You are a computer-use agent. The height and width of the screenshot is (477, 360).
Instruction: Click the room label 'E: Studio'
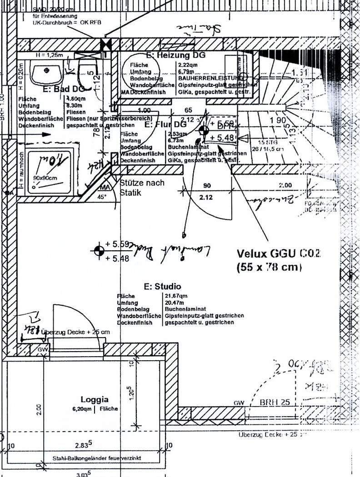tap(162, 287)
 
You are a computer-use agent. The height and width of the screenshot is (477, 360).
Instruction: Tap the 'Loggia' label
tap(95, 400)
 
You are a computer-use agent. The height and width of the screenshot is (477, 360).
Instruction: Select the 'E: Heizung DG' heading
tap(175, 55)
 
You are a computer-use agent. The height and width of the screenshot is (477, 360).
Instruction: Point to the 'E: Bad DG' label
tap(64, 89)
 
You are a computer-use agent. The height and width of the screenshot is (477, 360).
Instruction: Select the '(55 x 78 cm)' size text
tap(269, 268)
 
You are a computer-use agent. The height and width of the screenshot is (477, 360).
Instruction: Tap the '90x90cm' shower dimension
tap(45, 178)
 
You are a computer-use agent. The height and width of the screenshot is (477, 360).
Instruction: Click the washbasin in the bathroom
tap(46, 72)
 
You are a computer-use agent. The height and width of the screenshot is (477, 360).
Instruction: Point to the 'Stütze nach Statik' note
tap(141, 188)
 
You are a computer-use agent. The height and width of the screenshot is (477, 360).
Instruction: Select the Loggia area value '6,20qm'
tap(82, 409)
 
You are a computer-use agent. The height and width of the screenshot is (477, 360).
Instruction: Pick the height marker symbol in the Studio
tap(99, 250)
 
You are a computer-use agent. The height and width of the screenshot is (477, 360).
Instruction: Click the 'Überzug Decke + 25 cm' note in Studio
tap(75, 333)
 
